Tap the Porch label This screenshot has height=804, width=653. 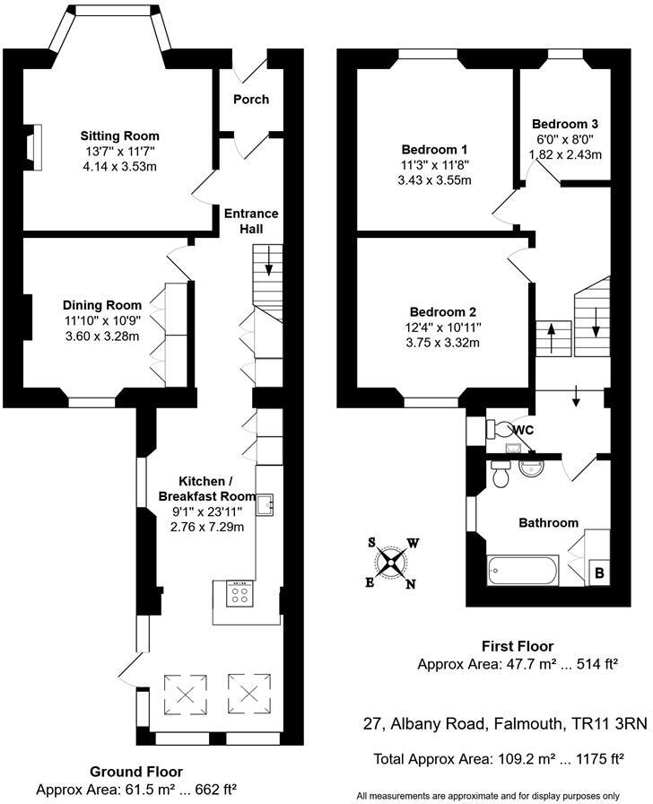(251, 99)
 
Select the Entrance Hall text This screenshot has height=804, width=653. (251, 222)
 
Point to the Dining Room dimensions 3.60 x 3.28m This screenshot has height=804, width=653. (102, 336)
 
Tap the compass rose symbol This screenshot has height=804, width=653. (391, 564)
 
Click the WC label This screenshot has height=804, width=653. (524, 430)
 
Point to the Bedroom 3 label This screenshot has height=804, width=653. (565, 124)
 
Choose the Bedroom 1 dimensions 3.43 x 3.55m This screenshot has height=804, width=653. (434, 180)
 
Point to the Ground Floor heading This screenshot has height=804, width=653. (137, 772)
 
